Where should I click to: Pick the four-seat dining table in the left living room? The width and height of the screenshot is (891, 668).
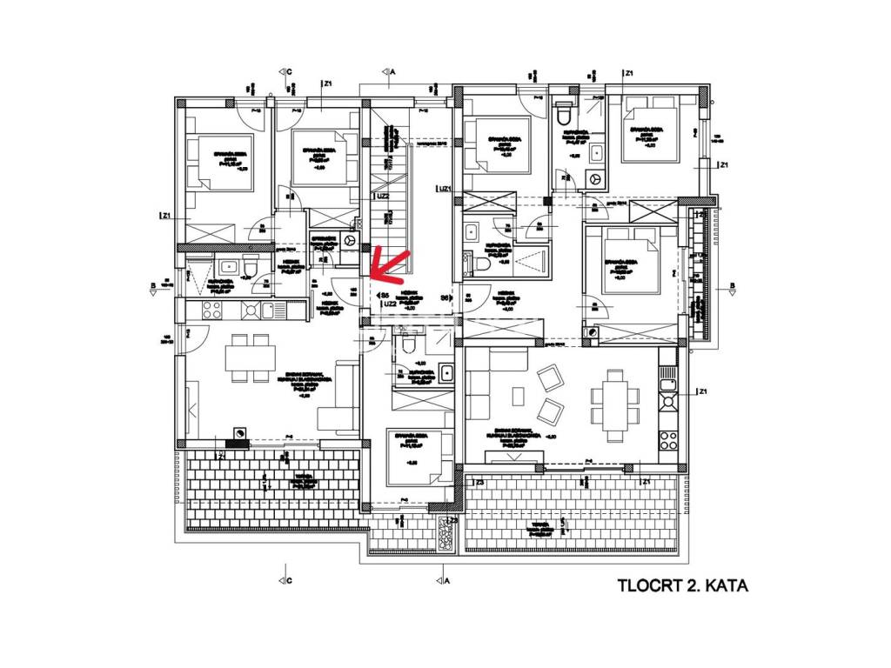[250, 357]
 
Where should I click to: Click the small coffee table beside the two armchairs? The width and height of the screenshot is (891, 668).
[519, 395]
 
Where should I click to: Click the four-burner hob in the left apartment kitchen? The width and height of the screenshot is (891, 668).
[213, 309]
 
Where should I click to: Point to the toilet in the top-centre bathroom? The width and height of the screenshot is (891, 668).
[563, 114]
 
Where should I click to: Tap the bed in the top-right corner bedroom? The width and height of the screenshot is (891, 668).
[653, 135]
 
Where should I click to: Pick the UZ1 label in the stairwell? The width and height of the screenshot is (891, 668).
[445, 189]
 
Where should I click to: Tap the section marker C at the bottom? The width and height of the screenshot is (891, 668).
[288, 580]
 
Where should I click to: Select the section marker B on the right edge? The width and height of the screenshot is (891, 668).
[733, 287]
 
